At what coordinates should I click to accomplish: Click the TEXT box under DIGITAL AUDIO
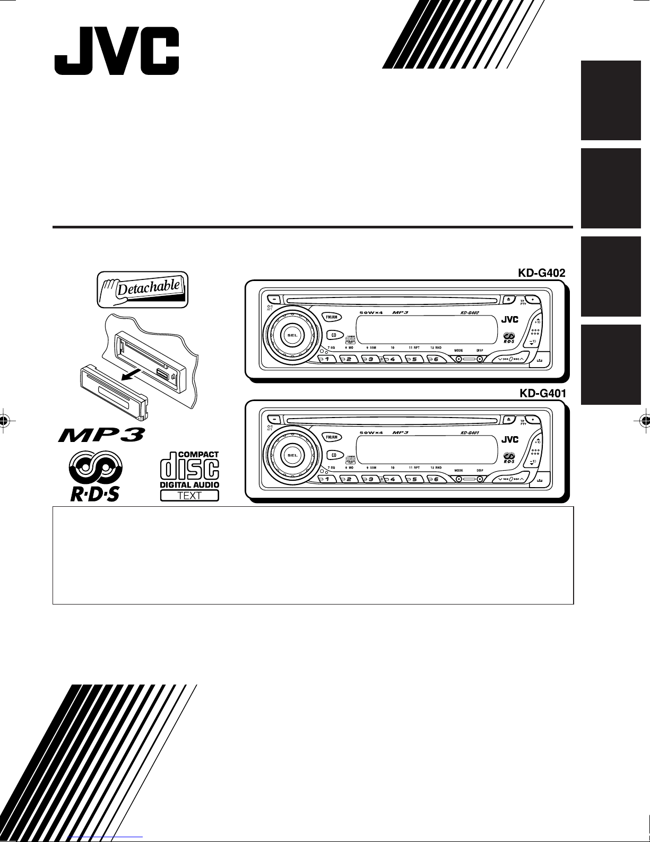[189, 496]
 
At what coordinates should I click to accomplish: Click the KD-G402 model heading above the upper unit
[541, 274]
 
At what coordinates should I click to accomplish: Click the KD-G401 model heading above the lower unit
[541, 394]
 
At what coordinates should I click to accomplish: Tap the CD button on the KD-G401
[333, 455]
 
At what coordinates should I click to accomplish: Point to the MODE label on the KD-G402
[458, 350]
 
